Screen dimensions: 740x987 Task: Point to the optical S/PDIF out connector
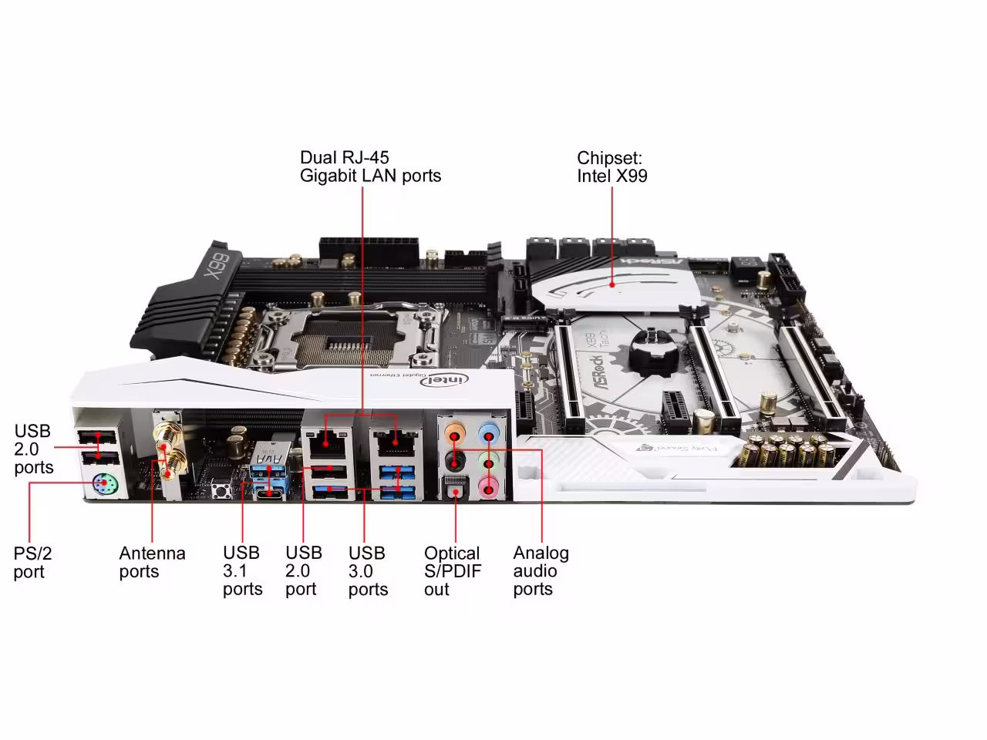454,487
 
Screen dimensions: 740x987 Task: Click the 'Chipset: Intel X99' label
612,167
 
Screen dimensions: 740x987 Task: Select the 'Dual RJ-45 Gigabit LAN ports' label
370,167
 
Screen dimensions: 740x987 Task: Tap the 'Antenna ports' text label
152,562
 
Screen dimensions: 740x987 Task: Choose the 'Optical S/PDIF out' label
452,571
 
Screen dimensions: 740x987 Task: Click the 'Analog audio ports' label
541,571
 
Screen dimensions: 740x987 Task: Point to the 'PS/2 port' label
33,562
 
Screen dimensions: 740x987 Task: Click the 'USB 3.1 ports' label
242,571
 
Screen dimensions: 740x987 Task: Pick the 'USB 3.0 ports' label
368,571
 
